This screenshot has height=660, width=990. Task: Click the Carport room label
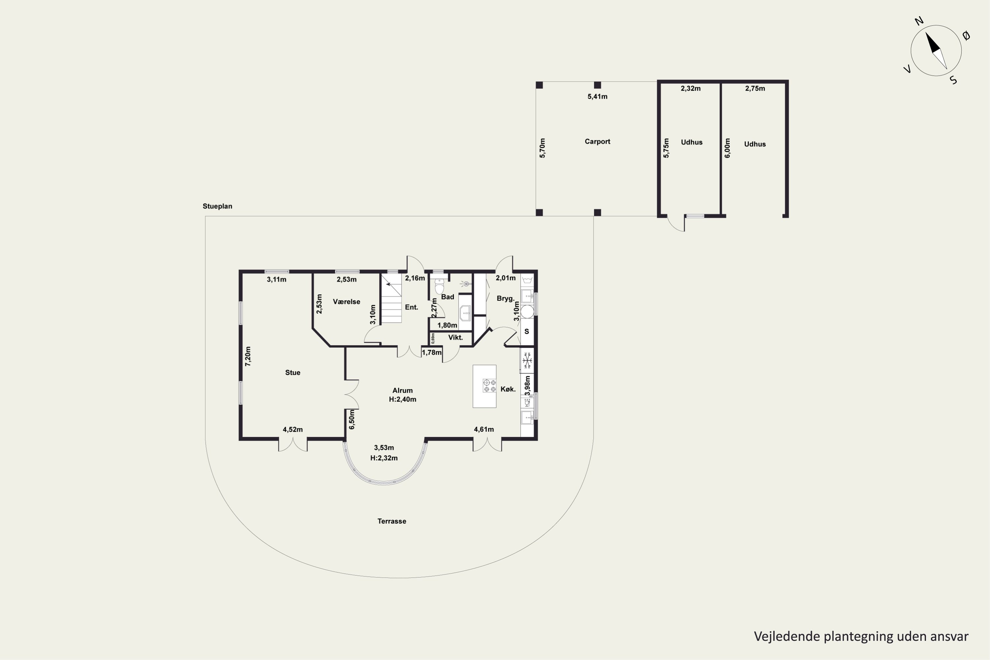[x=597, y=142]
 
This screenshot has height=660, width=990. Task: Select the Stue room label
[x=292, y=373]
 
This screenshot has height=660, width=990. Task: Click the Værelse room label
[x=346, y=302]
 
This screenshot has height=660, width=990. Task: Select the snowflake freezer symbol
[x=527, y=360]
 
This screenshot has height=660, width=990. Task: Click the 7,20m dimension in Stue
[x=248, y=356]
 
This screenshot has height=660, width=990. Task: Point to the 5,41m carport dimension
[x=597, y=96]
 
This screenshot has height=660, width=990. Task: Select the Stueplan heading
[x=217, y=206]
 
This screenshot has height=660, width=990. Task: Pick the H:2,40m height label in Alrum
[x=402, y=399]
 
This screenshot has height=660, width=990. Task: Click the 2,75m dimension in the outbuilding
[x=755, y=88]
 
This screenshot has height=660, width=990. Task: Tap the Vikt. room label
[x=455, y=338]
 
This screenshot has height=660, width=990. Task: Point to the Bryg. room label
[x=506, y=298]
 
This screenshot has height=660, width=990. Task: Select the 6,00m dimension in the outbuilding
[x=727, y=148]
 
